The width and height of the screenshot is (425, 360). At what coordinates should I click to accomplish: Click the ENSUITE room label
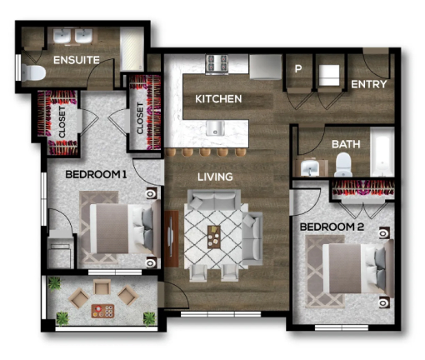[x=77, y=60]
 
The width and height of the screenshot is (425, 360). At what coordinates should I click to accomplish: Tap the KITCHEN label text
[x=218, y=99]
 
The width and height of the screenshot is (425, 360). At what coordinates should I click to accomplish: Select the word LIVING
[x=214, y=177]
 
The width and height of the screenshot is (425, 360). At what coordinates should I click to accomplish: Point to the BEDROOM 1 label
[x=96, y=174]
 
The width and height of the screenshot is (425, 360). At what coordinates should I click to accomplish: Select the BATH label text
[x=345, y=144]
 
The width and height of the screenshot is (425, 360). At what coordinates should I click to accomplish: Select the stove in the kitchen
[x=217, y=62]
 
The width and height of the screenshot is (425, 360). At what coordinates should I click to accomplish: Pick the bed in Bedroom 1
[x=122, y=227]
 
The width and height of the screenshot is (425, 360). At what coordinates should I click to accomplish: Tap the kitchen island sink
[x=215, y=127]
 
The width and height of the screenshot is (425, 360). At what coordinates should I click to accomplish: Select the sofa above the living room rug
[x=213, y=201]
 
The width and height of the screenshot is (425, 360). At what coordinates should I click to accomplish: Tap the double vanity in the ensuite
[x=73, y=37]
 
